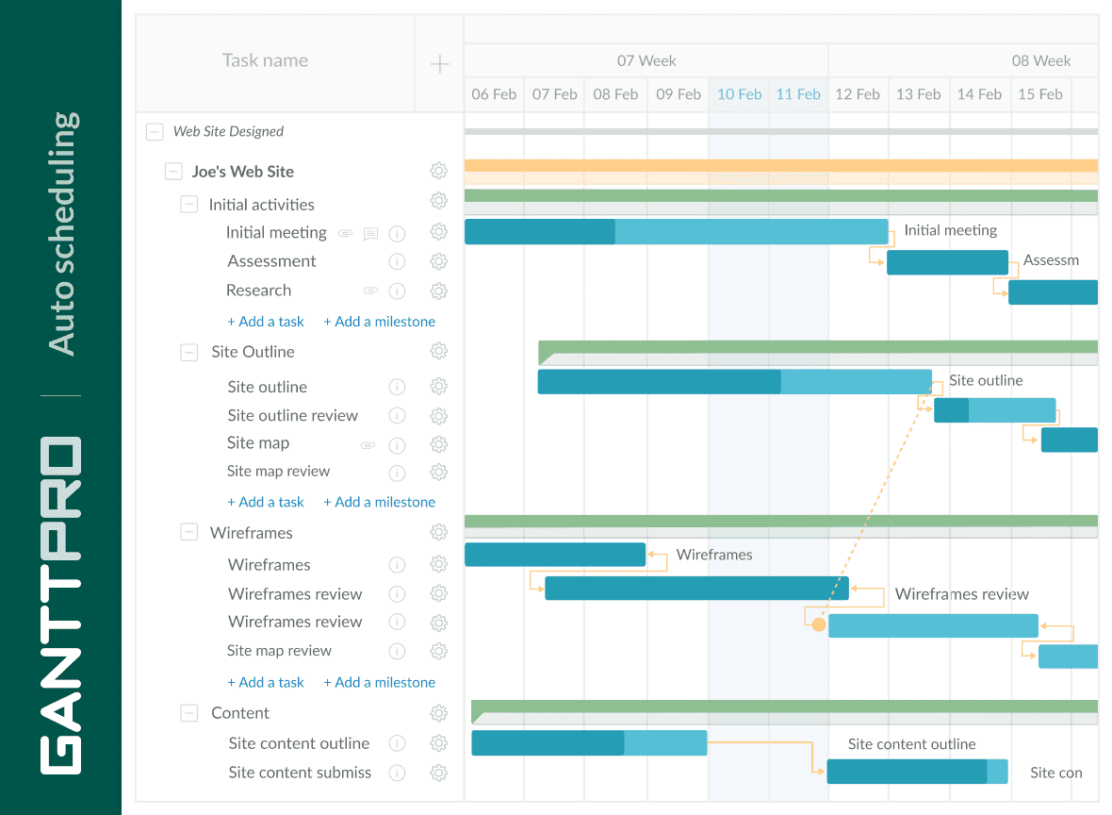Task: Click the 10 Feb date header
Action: [739, 94]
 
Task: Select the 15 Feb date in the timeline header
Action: [1039, 94]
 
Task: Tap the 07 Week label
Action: [646, 60]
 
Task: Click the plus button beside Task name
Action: [439, 64]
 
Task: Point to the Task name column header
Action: [265, 60]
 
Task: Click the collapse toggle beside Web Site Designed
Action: [155, 132]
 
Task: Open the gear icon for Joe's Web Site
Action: [438, 171]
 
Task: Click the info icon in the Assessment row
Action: [397, 261]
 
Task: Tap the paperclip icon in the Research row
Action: [370, 291]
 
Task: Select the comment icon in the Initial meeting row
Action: [370, 234]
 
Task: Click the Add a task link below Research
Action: [266, 322]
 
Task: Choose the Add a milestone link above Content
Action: [379, 682]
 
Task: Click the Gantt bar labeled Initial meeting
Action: [676, 232]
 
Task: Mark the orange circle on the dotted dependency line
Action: [818, 624]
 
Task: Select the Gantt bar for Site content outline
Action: [588, 743]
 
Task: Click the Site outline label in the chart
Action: [985, 380]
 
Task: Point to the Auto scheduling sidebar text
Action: [62, 233]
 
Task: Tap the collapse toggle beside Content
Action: [189, 714]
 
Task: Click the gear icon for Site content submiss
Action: [438, 773]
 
